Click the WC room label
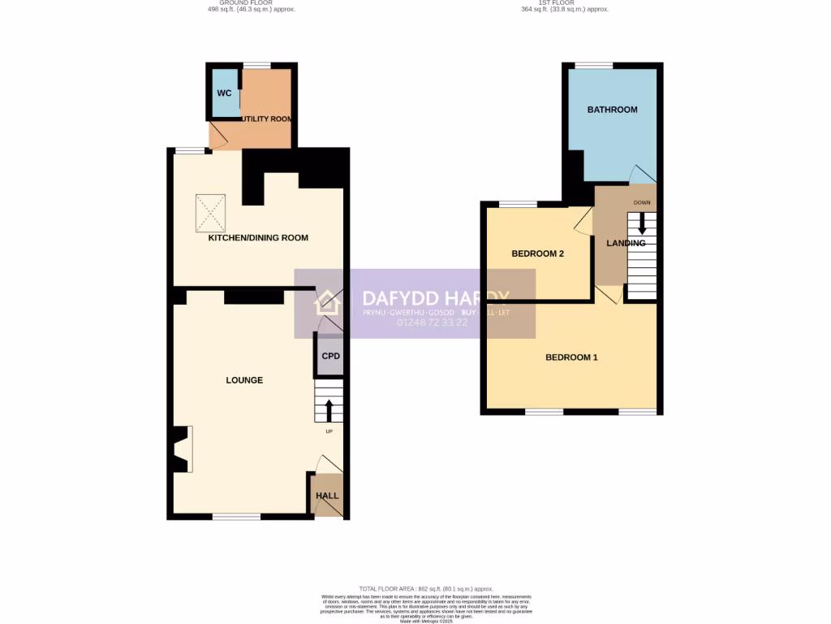(224, 93)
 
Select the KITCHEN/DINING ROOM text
(258, 238)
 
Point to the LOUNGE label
(244, 380)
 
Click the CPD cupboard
(330, 357)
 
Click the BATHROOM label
(612, 110)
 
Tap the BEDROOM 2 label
(537, 254)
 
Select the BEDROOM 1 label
(571, 357)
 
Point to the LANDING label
(626, 243)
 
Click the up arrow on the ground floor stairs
(329, 409)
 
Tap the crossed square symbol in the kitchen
(213, 212)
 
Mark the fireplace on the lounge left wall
(183, 449)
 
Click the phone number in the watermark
(432, 323)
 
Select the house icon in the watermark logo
(328, 302)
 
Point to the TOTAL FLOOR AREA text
(426, 588)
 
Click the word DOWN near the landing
(643, 202)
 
